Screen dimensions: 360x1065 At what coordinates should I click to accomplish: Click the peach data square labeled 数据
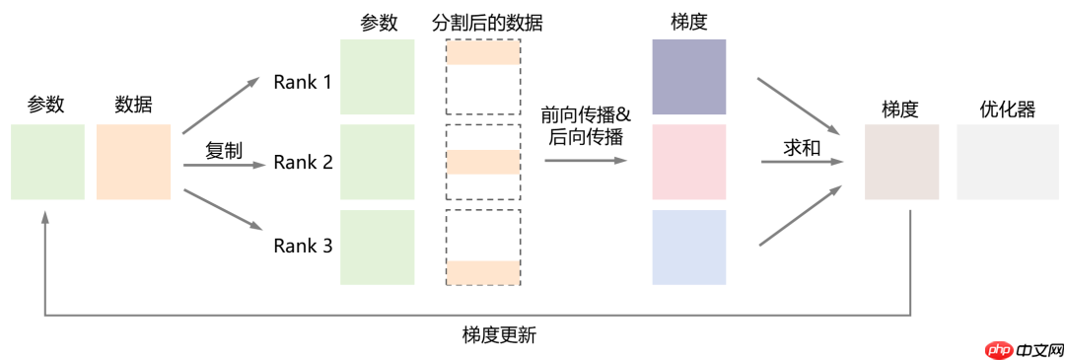133,162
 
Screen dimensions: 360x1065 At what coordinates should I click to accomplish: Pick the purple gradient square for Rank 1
688,77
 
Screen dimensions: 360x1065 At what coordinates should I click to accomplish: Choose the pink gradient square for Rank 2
688,162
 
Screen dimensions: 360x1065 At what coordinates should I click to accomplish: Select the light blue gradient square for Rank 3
688,247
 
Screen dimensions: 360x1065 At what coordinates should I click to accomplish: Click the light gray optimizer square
993,162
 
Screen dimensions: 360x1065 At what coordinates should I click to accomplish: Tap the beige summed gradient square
901,162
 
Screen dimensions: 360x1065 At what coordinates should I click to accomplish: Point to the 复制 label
223,151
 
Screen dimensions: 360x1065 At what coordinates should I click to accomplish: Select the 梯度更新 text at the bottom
499,335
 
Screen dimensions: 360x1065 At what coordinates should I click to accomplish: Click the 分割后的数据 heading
487,22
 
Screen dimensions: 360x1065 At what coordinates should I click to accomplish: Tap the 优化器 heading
1007,109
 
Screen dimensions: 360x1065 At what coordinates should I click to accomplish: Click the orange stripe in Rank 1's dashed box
482,56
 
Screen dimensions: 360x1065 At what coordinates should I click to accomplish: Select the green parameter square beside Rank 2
377,162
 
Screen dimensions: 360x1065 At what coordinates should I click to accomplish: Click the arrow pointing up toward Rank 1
221,106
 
